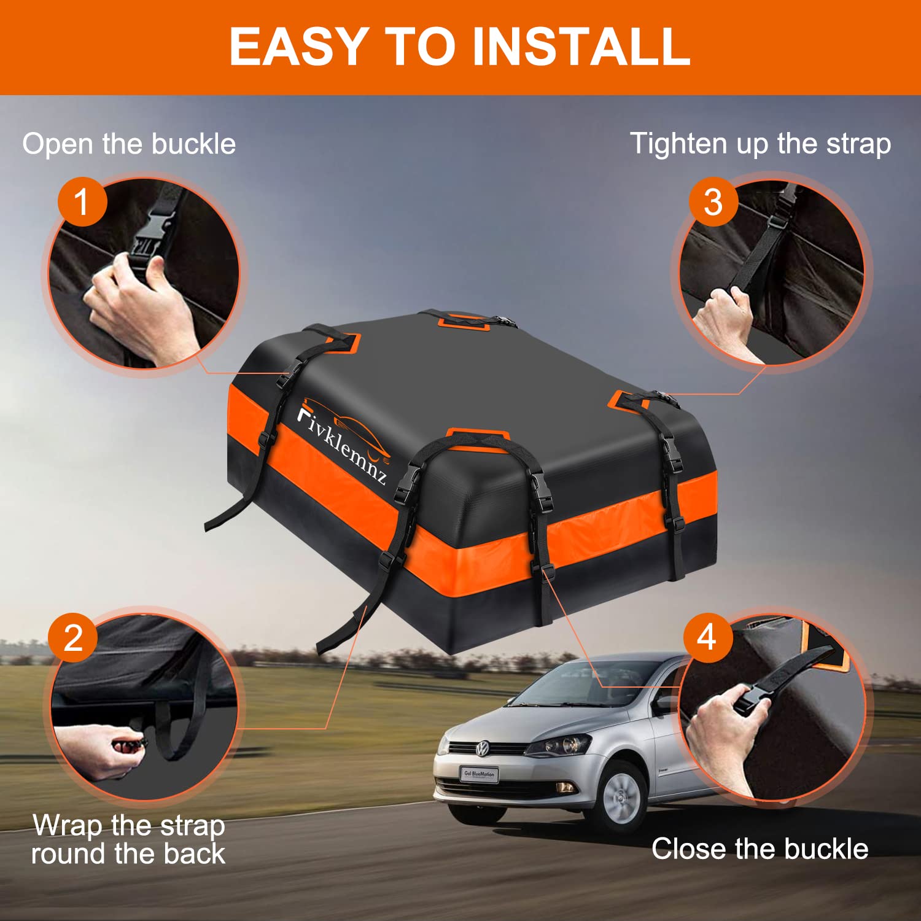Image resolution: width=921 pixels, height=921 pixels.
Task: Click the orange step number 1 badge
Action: coord(82,202)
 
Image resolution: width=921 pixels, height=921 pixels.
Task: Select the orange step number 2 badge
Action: coord(73,638)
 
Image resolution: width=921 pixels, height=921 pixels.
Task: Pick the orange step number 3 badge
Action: coord(713,202)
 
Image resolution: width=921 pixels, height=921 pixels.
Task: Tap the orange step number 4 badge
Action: coord(707,637)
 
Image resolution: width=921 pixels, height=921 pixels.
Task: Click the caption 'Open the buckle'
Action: coord(129,144)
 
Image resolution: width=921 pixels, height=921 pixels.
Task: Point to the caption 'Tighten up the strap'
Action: coord(760,144)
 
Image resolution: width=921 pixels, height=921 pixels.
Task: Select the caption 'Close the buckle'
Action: coord(760,849)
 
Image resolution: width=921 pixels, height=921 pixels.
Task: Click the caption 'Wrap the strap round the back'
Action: coord(128,839)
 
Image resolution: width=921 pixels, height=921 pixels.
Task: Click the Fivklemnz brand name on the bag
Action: coord(342,443)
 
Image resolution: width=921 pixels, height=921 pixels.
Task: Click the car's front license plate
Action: coord(479,775)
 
